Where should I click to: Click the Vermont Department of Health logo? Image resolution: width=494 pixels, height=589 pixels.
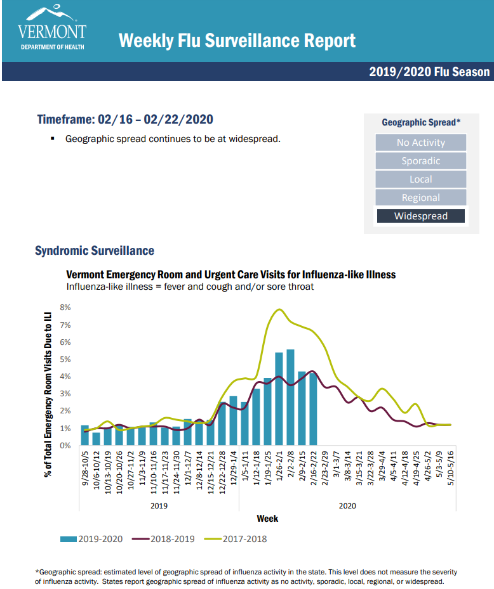point(52,29)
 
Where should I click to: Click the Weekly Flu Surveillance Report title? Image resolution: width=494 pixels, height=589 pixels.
point(237,41)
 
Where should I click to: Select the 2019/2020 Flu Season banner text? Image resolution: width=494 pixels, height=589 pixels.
point(429,72)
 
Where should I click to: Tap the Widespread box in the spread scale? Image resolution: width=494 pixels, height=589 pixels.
point(420,216)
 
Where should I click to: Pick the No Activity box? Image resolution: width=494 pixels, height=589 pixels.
point(420,143)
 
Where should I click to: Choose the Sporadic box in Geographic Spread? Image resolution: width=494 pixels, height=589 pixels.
point(420,161)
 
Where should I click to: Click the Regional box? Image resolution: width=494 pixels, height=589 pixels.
point(420,198)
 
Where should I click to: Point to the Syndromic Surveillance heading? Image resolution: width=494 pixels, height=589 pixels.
point(94,251)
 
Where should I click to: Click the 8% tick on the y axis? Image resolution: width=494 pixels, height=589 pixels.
point(65,307)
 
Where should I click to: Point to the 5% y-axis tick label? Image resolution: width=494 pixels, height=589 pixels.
point(65,359)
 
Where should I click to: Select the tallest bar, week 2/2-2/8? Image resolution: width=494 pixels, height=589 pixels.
point(290,398)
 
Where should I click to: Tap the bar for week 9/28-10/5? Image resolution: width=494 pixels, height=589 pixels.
point(84,436)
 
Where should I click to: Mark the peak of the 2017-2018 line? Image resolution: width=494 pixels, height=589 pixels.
point(279,309)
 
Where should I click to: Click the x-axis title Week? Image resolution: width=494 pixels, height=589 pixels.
point(267,519)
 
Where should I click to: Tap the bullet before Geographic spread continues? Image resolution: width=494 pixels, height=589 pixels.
point(53,138)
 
